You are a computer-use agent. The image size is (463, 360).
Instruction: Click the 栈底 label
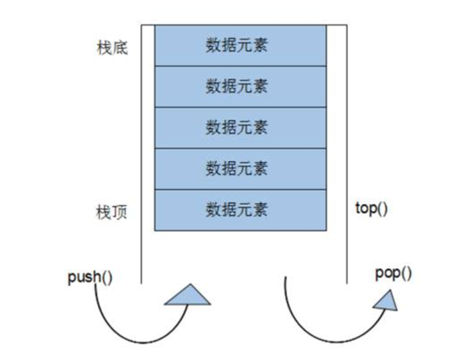click(111, 47)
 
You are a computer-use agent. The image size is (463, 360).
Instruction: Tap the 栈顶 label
click(111, 212)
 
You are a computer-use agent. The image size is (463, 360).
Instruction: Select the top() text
click(371, 209)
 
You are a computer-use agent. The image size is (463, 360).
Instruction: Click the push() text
click(90, 277)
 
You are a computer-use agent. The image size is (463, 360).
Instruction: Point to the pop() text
click(393, 274)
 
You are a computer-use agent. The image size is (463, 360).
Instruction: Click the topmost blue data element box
click(240, 45)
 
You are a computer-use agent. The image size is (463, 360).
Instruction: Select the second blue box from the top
click(240, 86)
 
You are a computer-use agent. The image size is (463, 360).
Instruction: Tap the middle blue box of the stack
click(240, 128)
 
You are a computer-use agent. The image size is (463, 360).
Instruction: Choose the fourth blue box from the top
click(240, 169)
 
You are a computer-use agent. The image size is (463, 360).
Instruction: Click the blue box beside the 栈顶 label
click(240, 210)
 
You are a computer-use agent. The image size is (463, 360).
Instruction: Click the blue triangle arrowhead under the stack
click(187, 296)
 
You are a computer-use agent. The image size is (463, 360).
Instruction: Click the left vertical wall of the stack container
click(142, 149)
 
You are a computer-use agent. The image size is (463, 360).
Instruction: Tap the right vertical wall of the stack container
click(347, 149)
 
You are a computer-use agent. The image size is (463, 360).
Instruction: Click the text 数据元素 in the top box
click(237, 46)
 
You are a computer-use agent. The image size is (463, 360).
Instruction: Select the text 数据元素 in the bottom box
click(237, 210)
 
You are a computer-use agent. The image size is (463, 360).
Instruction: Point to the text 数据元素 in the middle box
click(237, 128)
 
